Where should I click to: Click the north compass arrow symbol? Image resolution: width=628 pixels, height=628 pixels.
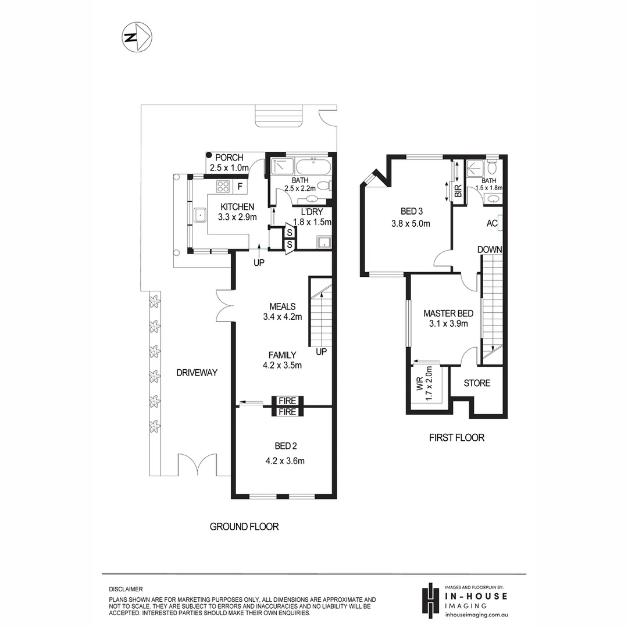point(137,37)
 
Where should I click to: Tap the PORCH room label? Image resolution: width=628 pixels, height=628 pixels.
point(229,158)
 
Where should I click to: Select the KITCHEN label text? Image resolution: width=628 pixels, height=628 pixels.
point(236,206)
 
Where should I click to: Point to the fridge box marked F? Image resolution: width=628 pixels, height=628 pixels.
point(240,187)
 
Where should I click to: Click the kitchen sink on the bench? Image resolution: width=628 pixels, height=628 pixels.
point(200,216)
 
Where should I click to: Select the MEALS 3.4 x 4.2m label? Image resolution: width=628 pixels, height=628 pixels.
point(283,312)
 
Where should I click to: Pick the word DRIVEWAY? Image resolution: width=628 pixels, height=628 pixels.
point(197,373)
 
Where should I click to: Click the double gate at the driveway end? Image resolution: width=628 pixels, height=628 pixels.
point(199,466)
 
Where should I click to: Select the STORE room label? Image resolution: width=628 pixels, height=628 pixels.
point(477,383)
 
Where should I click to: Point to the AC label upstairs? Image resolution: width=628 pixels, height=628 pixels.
point(491,223)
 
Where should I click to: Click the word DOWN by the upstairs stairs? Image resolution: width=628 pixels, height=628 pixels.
point(490,249)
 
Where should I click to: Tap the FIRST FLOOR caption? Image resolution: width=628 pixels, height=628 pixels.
point(457,438)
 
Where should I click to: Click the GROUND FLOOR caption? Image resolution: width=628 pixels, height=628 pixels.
point(244,527)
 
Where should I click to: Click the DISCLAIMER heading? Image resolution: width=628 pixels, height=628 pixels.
point(126,589)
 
